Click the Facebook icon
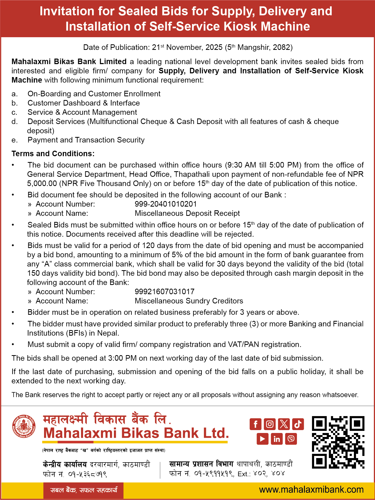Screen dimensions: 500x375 (x=255, y=424)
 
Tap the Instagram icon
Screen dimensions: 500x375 (x=270, y=424)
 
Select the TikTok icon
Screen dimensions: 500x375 (x=298, y=424)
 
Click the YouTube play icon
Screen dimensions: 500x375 (x=262, y=439)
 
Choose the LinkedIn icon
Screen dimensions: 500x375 (x=277, y=439)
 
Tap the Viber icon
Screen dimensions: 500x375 (x=291, y=439)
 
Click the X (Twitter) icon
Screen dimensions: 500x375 (x=284, y=424)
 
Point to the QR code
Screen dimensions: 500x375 (x=338, y=442)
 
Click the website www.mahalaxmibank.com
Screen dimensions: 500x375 (x=311, y=490)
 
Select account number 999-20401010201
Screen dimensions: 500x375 (x=166, y=204)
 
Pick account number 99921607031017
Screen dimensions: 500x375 (x=165, y=292)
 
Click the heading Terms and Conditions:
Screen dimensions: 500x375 (x=53, y=154)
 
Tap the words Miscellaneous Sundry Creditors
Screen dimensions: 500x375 (x=189, y=301)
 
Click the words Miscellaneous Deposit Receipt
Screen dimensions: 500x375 (x=187, y=213)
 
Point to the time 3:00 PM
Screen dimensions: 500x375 (x=122, y=358)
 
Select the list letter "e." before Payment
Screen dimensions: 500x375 (x=15, y=140)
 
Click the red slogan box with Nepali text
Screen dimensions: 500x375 (x=84, y=490)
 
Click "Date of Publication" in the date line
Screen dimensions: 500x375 (x=116, y=47)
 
